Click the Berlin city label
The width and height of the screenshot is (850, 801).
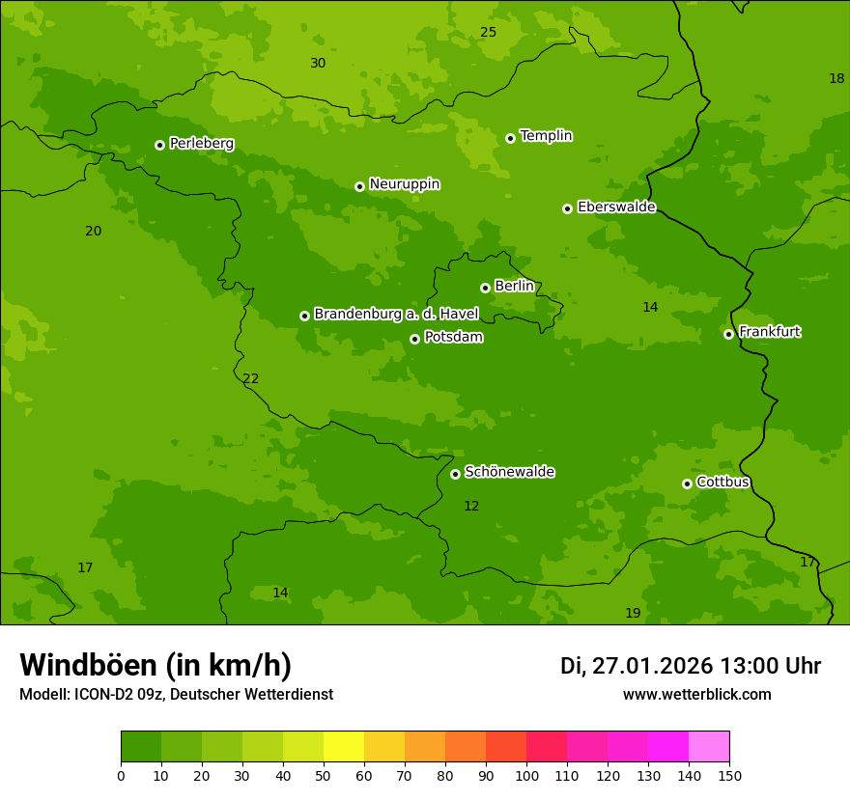(514, 287)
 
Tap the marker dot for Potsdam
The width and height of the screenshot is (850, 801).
(414, 339)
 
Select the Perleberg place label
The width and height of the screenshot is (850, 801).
(202, 144)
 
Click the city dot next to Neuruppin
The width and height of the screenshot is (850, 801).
(359, 186)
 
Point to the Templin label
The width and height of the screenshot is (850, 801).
(546, 136)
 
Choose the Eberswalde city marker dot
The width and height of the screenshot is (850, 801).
(567, 208)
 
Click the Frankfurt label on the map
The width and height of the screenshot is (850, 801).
(770, 332)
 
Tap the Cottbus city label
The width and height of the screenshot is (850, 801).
(722, 483)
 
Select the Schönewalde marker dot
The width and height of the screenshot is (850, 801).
(455, 474)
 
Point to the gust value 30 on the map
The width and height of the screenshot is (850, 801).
(318, 64)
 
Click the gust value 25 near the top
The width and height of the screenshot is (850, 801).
(489, 33)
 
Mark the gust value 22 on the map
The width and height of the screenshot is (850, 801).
(251, 379)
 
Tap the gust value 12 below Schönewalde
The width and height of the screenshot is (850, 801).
(471, 507)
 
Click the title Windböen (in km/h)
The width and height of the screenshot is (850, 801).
(156, 665)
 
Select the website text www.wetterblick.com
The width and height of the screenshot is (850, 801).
(697, 695)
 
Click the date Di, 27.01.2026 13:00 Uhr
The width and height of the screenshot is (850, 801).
(691, 666)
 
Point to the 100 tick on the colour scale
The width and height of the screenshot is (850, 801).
(526, 775)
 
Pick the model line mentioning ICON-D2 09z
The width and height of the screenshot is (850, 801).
(176, 695)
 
